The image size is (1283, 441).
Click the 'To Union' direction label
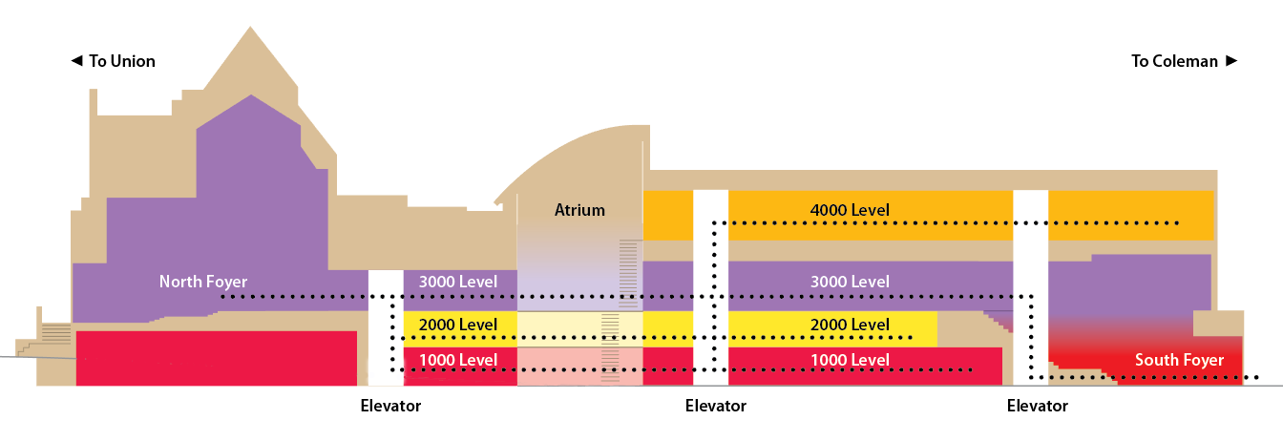coord(121,61)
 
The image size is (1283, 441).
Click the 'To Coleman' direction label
coord(1174,61)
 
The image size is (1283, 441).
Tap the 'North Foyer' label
coord(202,282)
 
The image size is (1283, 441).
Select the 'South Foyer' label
coord(1179,360)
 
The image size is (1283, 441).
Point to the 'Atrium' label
coord(579,210)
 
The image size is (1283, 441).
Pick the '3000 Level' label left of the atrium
coord(458,282)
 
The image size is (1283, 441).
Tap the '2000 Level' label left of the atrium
coord(458,325)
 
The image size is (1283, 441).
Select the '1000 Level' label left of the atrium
coord(458,360)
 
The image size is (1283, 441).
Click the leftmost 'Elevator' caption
coord(390,406)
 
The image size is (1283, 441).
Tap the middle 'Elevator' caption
coord(716,406)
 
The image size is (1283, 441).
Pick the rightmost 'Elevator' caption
coord(1038,406)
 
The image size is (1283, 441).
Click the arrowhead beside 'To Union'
coord(76,61)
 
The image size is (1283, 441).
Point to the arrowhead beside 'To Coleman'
coord(1231,61)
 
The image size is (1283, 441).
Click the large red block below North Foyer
coord(216,358)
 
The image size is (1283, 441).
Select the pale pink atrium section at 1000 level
coord(558,367)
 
